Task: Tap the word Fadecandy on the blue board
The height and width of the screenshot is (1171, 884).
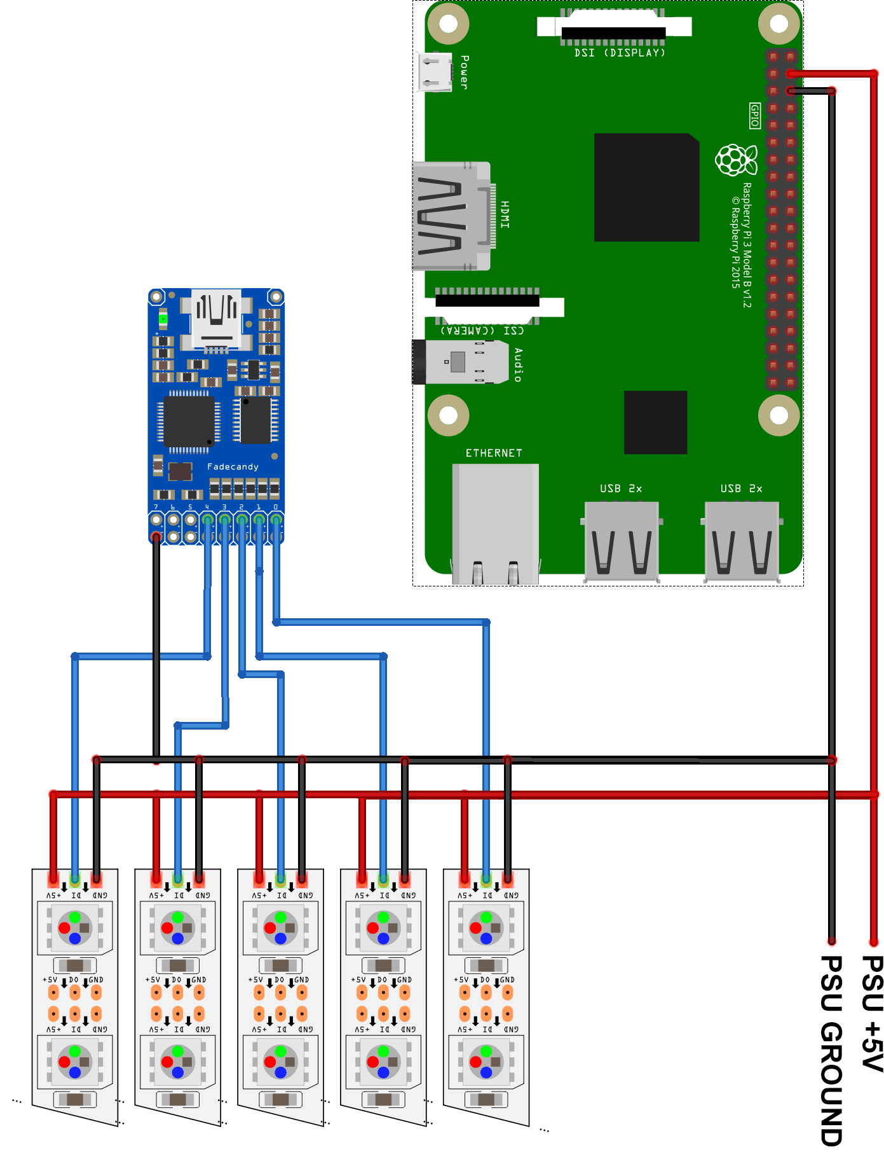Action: [233, 466]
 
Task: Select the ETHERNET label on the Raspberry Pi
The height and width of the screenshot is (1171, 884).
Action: [494, 453]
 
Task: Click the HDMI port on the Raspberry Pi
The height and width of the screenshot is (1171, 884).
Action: [451, 216]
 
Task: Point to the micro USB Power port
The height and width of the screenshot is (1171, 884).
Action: [435, 71]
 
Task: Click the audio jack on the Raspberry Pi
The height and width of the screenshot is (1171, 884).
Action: [461, 362]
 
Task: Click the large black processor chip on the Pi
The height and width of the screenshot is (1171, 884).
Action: [646, 187]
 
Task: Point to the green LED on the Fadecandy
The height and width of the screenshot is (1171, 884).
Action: [163, 318]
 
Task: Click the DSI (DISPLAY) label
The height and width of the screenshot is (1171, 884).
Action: [620, 53]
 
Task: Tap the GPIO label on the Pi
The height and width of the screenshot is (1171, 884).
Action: [755, 116]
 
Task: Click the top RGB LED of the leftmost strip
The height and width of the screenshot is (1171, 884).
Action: [75, 928]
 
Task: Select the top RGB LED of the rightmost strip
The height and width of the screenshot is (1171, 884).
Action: [486, 928]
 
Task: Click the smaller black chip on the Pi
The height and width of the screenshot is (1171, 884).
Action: [655, 422]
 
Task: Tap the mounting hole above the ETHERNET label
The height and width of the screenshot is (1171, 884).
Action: [448, 415]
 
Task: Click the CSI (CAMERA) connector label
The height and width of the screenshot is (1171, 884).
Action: [482, 331]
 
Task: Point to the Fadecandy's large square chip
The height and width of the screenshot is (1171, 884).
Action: [189, 421]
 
